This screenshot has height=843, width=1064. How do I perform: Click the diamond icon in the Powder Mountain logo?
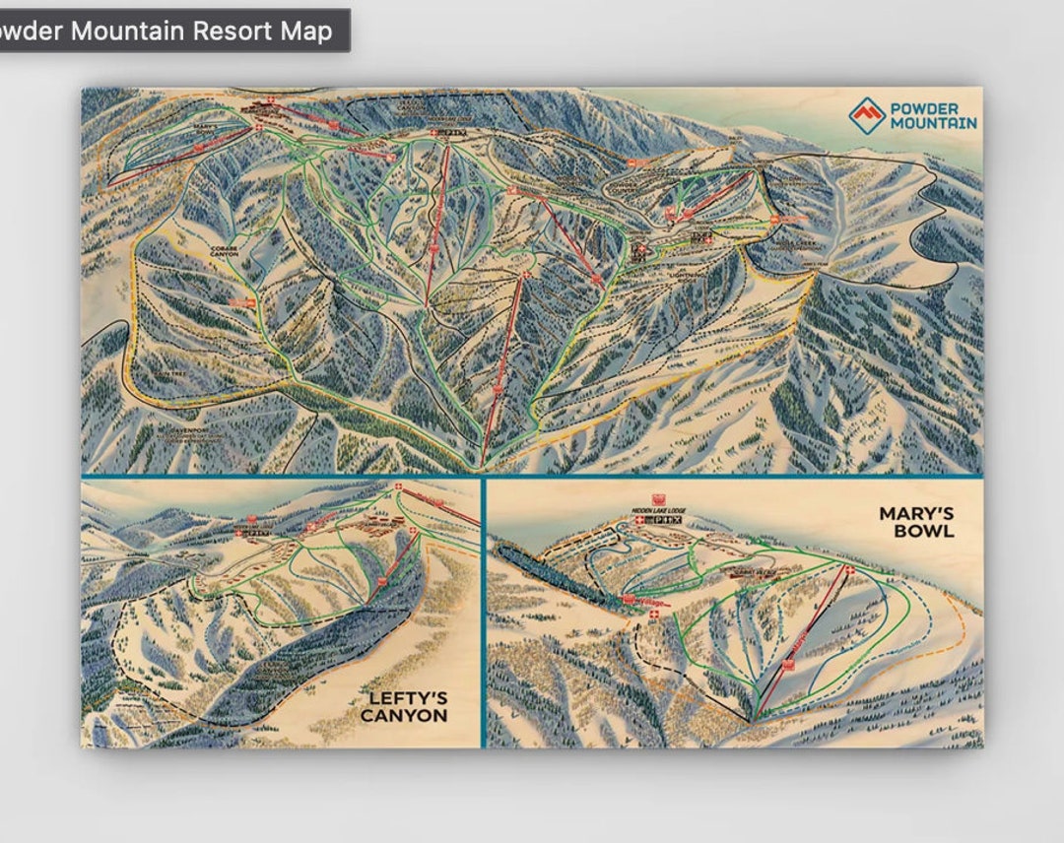[867, 115]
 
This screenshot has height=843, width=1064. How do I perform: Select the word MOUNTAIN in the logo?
[934, 123]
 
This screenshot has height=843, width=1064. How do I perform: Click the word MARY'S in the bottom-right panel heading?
[916, 513]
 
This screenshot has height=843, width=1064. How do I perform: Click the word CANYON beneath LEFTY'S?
[404, 716]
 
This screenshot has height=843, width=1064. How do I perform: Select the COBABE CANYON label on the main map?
[226, 252]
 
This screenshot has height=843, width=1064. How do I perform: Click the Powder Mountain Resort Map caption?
[167, 31]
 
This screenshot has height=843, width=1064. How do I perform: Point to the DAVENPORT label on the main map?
[166, 429]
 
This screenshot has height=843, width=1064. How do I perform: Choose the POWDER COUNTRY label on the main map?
[628, 186]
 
